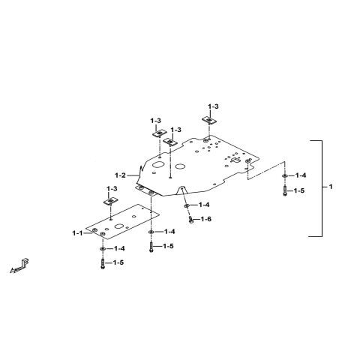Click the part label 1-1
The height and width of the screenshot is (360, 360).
(77, 233)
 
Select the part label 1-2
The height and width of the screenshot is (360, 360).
(120, 175)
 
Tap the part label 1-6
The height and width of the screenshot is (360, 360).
(206, 219)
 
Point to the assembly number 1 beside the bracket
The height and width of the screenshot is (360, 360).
(331, 187)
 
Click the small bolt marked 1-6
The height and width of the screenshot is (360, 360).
(191, 220)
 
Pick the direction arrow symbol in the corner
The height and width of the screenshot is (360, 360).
(19, 266)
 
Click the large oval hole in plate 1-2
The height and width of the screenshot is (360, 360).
(158, 164)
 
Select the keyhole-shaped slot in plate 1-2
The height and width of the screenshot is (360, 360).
(235, 160)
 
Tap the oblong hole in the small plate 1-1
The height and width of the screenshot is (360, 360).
(118, 226)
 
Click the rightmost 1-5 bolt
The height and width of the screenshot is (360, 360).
(285, 191)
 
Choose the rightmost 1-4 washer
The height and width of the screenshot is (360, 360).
(284, 175)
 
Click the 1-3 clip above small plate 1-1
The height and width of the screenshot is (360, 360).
(110, 202)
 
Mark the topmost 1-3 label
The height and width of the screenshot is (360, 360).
(213, 106)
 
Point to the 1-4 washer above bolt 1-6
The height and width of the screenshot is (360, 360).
(187, 205)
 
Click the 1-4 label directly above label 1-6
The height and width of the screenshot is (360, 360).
(204, 205)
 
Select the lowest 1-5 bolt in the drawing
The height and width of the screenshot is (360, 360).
(103, 263)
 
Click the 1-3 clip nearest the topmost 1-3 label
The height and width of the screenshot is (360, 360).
(209, 120)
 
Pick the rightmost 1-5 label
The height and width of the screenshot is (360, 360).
(299, 190)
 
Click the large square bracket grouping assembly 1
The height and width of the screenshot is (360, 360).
(322, 188)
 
